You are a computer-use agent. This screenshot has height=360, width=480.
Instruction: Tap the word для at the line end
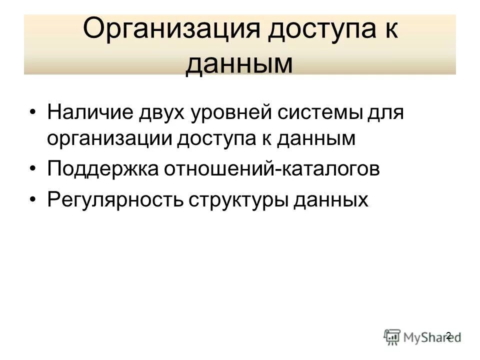tap(385, 111)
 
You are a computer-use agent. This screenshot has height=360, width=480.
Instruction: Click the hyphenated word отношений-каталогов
tap(270, 169)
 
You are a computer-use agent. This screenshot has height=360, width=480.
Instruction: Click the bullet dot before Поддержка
tap(33, 169)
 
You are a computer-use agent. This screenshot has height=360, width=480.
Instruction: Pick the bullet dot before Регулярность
tap(33, 199)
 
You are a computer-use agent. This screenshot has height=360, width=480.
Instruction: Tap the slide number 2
tap(448, 335)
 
